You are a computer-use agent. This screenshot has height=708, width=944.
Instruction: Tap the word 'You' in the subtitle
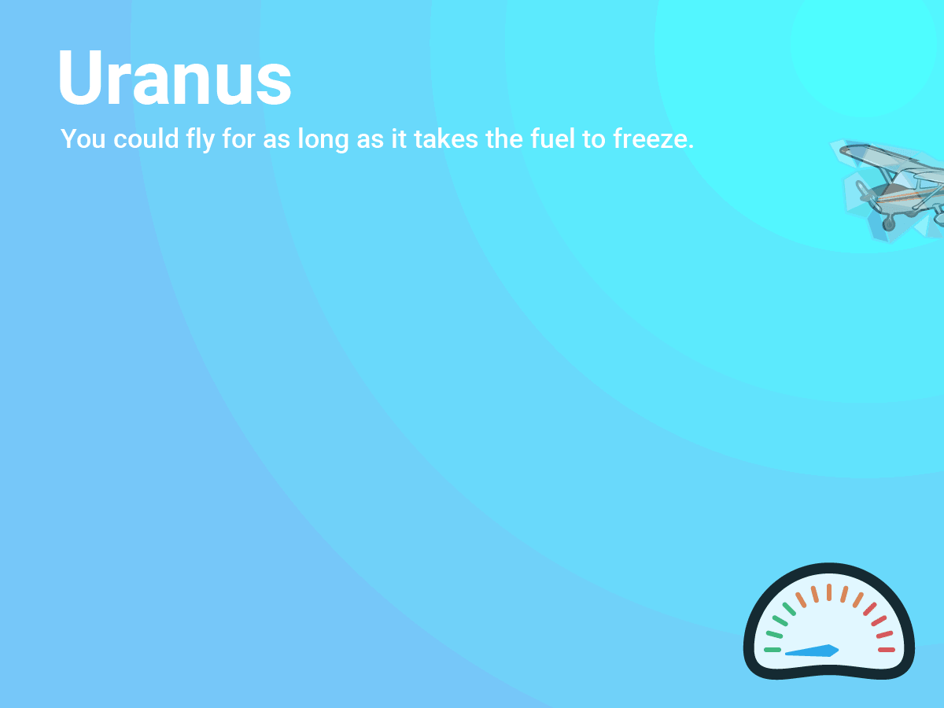(83, 139)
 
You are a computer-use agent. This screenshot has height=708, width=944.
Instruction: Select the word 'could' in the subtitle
(146, 138)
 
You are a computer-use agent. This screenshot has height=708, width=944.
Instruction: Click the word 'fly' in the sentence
(200, 140)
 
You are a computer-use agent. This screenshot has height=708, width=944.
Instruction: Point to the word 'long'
(323, 140)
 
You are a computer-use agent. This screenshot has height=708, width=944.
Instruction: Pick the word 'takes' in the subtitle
(446, 138)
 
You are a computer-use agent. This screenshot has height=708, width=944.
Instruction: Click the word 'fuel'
(553, 138)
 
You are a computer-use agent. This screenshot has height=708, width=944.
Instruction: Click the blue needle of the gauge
(812, 651)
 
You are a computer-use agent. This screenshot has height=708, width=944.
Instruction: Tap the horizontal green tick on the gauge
(773, 650)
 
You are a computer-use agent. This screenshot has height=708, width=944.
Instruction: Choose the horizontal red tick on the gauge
(887, 650)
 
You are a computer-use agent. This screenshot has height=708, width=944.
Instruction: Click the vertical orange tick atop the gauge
(829, 592)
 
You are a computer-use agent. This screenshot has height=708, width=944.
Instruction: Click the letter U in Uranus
(80, 77)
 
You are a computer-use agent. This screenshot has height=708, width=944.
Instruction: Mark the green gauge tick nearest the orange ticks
(789, 609)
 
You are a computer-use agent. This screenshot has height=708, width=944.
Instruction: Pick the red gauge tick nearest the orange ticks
(869, 609)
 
